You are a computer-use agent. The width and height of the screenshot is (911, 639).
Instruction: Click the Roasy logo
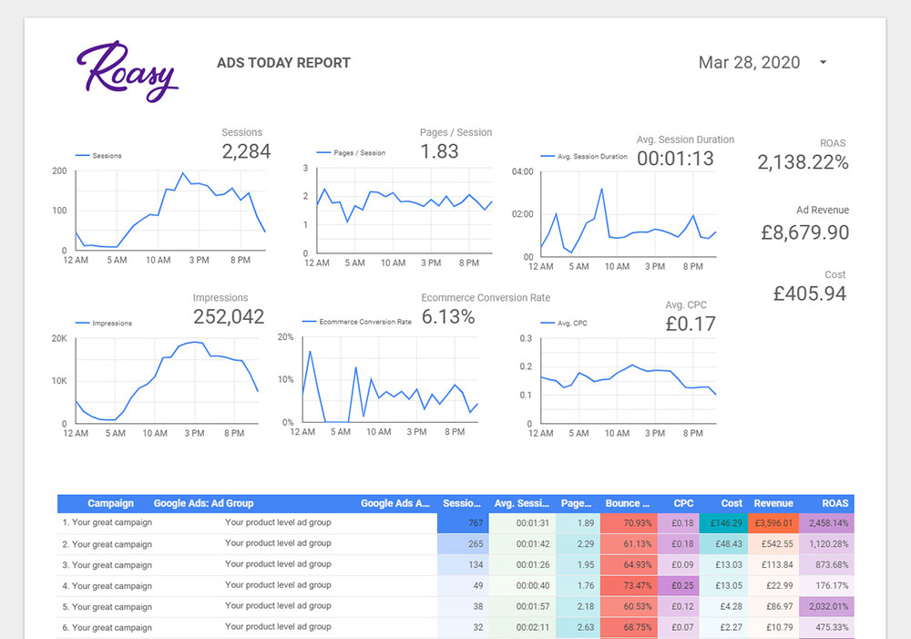tap(128, 71)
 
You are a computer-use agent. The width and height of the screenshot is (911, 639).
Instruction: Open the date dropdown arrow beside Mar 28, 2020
tap(823, 62)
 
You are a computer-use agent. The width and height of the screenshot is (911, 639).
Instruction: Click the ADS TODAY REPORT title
tap(283, 63)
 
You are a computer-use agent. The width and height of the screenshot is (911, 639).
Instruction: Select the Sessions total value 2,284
tap(246, 151)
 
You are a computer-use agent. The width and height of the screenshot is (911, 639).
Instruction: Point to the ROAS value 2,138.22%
tap(803, 162)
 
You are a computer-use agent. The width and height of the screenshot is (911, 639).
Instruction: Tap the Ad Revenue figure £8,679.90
tap(804, 232)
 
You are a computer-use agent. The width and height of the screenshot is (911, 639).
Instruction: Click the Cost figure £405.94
tap(809, 294)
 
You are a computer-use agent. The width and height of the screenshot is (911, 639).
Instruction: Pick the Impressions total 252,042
tap(229, 316)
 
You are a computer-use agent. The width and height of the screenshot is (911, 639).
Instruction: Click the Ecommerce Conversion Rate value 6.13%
tap(448, 317)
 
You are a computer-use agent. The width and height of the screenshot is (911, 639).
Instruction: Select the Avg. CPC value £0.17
tap(691, 324)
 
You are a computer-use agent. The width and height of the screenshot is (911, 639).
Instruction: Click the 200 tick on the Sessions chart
tap(59, 171)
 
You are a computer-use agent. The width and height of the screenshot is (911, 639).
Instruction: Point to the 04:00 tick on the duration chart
tap(522, 171)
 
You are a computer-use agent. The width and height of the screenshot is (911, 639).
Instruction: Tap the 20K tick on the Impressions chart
tap(59, 338)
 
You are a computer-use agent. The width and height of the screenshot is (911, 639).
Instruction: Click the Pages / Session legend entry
tap(351, 153)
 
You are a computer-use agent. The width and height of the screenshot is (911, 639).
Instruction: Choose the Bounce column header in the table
tap(628, 503)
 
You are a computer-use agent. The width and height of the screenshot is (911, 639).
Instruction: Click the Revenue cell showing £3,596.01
tap(773, 523)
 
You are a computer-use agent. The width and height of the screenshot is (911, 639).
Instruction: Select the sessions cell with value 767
tap(463, 523)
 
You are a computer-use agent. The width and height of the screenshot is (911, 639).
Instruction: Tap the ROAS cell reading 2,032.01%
tap(826, 606)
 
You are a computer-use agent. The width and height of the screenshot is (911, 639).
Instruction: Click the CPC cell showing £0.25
tap(679, 585)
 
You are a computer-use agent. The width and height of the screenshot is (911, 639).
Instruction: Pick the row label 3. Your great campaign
tap(107, 565)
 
